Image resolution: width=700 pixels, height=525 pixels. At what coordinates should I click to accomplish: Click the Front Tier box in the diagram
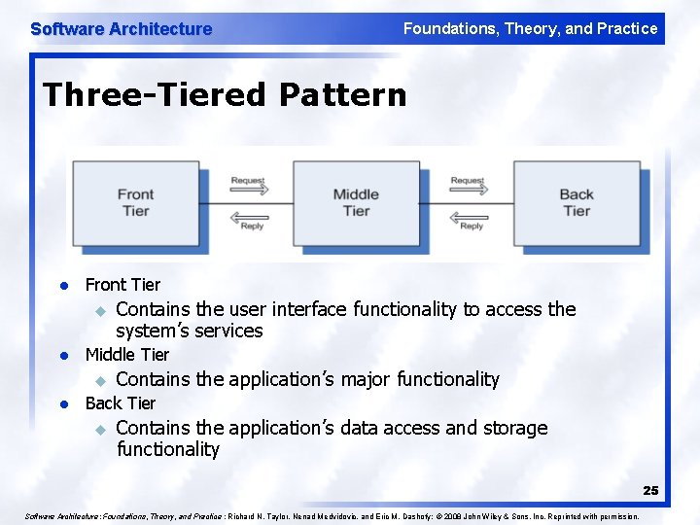(135, 202)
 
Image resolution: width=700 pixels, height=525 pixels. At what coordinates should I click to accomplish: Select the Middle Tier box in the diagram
(356, 202)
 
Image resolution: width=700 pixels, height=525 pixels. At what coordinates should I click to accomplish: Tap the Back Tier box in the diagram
(576, 202)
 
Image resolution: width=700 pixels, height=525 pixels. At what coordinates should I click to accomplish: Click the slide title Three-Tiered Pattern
(225, 95)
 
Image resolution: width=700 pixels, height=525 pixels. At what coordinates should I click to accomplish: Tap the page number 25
(649, 491)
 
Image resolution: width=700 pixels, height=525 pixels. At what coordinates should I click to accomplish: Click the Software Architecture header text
(121, 29)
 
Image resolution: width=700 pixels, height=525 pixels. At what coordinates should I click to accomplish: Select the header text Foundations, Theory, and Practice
(530, 29)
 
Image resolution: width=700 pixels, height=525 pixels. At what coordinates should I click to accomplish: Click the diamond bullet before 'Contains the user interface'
(98, 311)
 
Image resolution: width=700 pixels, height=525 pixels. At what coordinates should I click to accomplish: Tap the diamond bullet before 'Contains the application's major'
(98, 381)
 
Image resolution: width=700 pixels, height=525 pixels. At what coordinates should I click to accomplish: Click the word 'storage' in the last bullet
(516, 428)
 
